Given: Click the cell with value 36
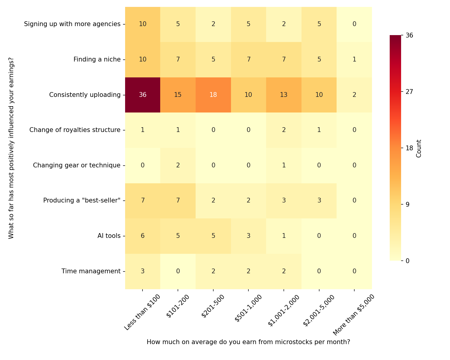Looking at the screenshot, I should pos(142,95).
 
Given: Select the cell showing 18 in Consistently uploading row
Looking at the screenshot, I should pos(213,95).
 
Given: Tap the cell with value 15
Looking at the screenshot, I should pos(178,95).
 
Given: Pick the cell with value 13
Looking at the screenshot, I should pos(284,95).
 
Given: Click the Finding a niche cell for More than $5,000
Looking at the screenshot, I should pos(354,59).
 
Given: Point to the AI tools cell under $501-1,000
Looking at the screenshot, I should pos(248,236).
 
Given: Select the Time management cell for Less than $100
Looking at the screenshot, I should pos(142,271).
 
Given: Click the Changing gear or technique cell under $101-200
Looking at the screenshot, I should pos(178,165).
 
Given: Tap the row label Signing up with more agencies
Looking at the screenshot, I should pos(72,24).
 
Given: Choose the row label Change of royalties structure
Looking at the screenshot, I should pos(75,130).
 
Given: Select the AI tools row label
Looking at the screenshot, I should pos(109,236).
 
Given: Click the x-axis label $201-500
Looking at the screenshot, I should pos(213,306).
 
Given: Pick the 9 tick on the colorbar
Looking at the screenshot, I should pos(408,205).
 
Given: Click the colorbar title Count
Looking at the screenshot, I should pos(419,148).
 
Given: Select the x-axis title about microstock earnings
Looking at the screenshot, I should pos(248,342).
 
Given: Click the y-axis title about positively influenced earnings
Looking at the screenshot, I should pos(11,148).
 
